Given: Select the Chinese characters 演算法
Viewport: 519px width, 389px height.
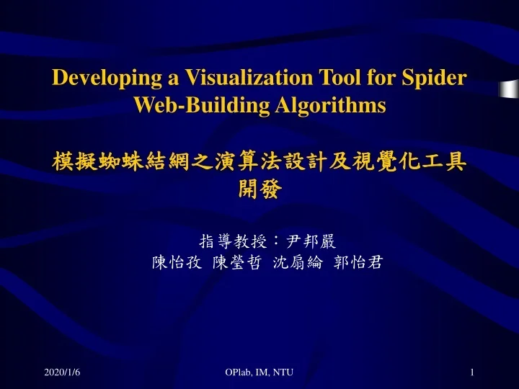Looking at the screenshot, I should (x=247, y=163).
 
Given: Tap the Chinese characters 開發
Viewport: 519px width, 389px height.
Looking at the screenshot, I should (x=259, y=189).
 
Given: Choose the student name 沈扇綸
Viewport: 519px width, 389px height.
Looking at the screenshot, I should (x=294, y=262).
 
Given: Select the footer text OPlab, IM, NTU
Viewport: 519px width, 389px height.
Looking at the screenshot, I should (x=259, y=372).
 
